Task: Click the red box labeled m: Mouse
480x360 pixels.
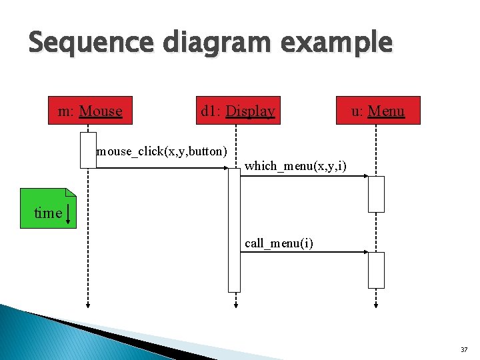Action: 90,111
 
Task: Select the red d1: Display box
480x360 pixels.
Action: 238,111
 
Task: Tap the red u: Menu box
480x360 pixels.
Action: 378,111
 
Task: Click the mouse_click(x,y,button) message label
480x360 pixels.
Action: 162,151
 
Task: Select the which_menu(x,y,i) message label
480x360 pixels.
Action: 295,165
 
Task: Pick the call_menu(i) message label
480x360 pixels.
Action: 279,243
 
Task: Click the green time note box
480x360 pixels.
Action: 48,209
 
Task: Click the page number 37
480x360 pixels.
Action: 463,349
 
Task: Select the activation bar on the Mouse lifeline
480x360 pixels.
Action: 88,150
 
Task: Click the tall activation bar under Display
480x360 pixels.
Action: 234,230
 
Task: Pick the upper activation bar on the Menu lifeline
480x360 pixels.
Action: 377,194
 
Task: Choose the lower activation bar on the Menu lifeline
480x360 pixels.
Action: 377,270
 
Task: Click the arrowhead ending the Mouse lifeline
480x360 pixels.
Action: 88,305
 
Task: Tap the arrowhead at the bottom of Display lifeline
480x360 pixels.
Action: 234,305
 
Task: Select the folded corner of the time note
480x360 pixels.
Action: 71,192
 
